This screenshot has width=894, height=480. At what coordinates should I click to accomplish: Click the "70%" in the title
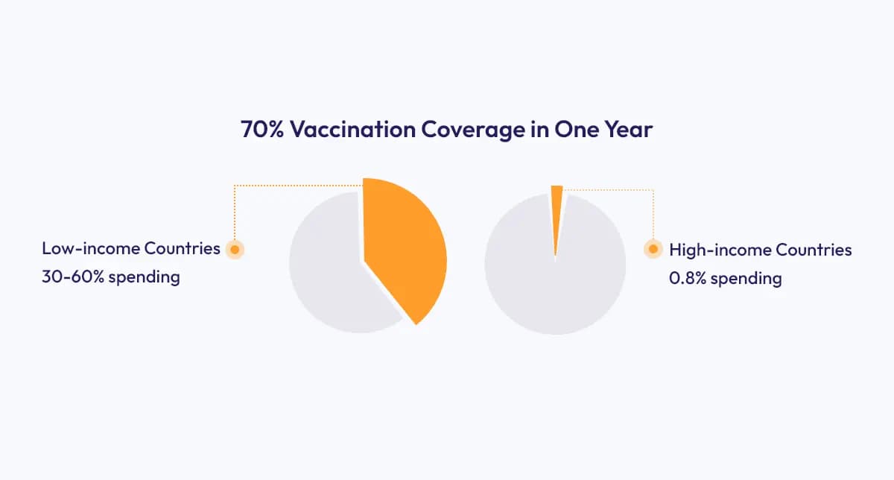pos(262,130)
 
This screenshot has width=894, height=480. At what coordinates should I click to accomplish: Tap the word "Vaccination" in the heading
pos(352,130)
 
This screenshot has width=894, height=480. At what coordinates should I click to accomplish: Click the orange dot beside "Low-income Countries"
pos(235,250)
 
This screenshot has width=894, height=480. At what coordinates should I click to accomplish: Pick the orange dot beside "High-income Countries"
pos(653,250)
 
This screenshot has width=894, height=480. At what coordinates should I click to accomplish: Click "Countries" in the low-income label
pos(183,249)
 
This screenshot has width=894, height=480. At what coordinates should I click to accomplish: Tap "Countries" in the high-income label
pos(814,250)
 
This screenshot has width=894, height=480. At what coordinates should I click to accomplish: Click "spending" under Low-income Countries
pos(145,278)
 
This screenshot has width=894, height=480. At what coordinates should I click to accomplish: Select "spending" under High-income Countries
pos(749,280)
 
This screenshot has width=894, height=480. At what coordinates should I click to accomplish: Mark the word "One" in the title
pos(574,130)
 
